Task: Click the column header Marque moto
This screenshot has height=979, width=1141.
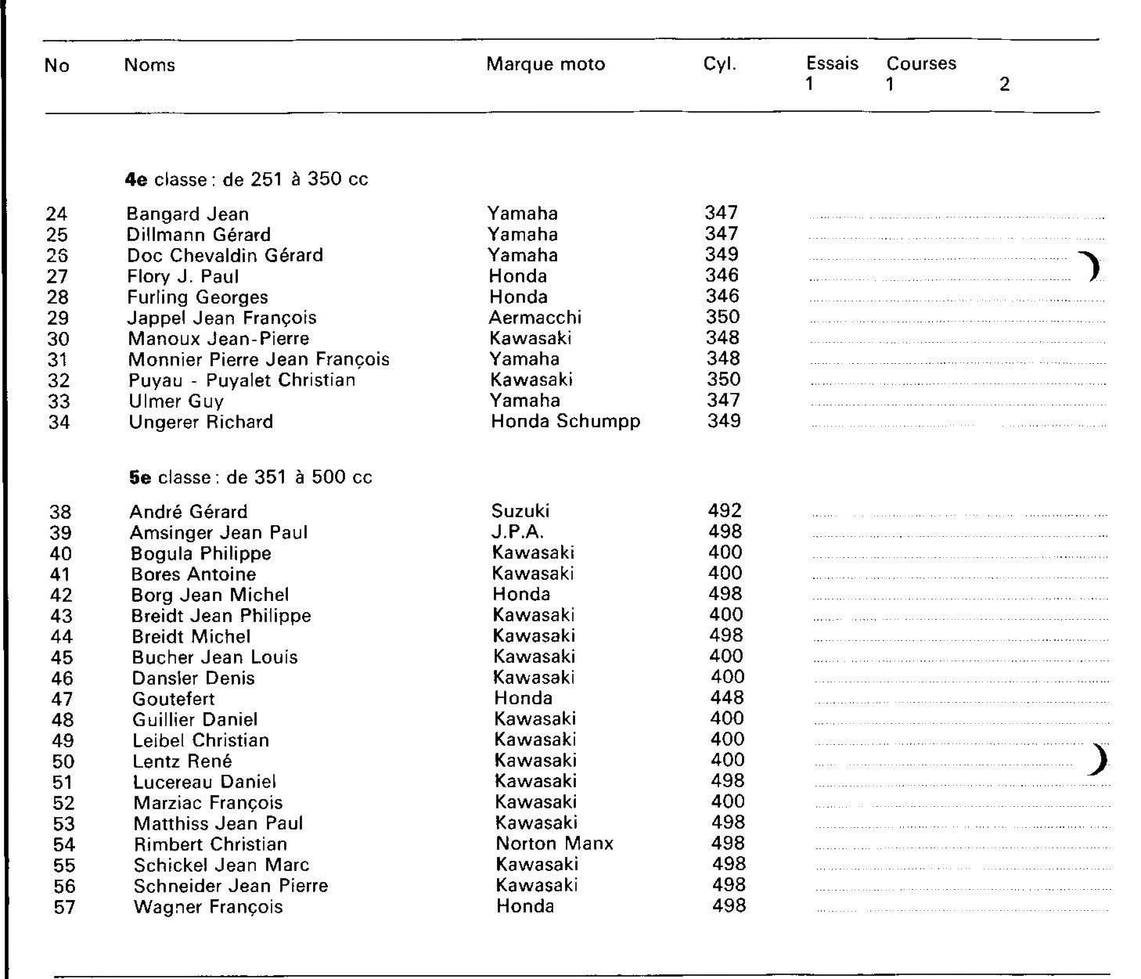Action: (x=545, y=64)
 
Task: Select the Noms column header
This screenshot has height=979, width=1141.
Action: (x=149, y=64)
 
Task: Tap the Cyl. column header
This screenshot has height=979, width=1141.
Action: (x=720, y=64)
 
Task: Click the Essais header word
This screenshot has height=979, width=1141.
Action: (x=832, y=63)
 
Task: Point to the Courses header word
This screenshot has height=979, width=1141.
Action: (x=921, y=63)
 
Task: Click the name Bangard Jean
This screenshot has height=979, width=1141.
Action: (x=188, y=214)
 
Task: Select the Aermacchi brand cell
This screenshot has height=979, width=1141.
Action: (x=535, y=318)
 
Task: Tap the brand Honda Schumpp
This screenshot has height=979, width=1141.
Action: (x=566, y=421)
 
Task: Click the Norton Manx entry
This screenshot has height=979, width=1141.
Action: (x=555, y=844)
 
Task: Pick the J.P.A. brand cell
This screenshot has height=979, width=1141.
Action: (x=517, y=532)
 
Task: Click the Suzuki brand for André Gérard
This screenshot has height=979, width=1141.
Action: (x=520, y=511)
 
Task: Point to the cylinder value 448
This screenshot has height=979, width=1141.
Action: (x=727, y=697)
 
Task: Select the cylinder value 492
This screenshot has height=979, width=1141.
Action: (x=725, y=511)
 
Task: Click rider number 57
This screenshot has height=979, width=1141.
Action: (x=64, y=907)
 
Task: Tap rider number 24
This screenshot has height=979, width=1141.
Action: (x=56, y=214)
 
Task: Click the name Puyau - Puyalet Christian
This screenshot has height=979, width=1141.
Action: (x=242, y=380)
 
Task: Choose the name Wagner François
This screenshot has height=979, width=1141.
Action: (x=208, y=907)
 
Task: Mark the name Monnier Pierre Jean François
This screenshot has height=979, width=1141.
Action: (x=259, y=359)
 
